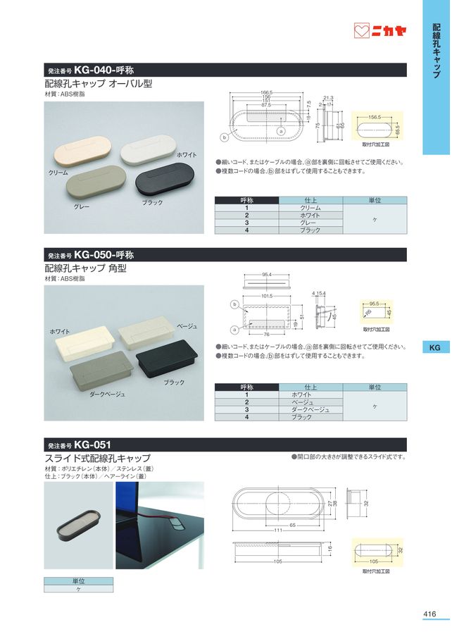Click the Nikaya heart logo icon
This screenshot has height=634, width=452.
[361, 31]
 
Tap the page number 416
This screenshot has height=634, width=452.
[430, 614]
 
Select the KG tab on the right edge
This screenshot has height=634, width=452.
[435, 347]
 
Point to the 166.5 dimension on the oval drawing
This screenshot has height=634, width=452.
[266, 92]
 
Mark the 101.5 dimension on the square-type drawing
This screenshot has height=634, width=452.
[267, 296]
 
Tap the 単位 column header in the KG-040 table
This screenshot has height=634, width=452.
[375, 201]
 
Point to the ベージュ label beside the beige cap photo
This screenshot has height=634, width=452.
[187, 326]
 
